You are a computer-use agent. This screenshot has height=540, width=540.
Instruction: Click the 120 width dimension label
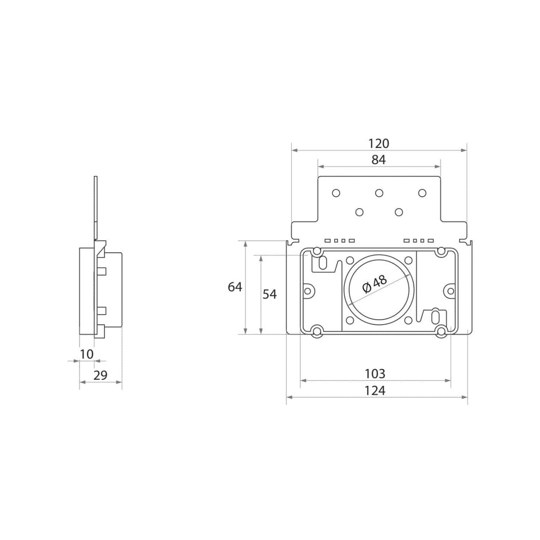tap(379, 143)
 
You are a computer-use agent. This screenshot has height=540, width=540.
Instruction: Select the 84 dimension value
tap(379, 160)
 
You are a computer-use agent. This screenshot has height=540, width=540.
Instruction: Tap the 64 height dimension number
tap(235, 287)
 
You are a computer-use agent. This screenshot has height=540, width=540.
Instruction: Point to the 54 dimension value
tap(269, 294)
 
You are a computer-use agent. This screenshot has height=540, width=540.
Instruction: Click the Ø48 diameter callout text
tap(375, 284)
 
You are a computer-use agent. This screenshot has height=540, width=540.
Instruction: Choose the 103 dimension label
tap(375, 374)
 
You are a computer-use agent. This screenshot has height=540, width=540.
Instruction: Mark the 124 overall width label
tap(375, 391)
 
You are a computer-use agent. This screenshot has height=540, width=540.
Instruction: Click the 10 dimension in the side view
tap(86, 354)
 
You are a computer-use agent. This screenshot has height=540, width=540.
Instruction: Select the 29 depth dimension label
tap(101, 375)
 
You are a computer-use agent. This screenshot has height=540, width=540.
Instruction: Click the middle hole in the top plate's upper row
tap(379, 192)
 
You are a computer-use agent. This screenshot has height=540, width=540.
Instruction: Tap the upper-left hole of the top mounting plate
tap(336, 192)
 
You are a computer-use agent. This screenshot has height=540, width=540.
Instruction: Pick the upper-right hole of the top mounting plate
tap(422, 192)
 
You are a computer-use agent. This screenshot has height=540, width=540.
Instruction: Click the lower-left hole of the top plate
tap(359, 212)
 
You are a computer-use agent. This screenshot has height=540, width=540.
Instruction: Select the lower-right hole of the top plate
tap(399, 212)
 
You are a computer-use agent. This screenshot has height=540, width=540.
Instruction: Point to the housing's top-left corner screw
tap(316, 251)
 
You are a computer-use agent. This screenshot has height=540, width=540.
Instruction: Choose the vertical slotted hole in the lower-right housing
tap(435, 316)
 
